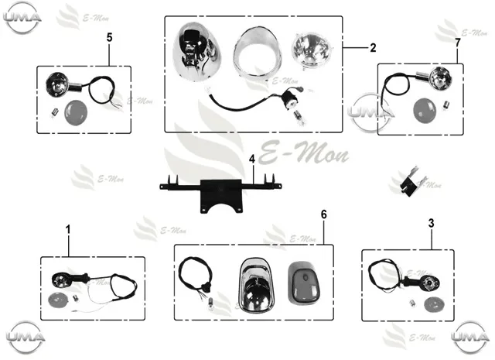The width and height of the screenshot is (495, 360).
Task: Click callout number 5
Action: coord(109,38)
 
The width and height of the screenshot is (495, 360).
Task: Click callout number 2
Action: coord(373,48)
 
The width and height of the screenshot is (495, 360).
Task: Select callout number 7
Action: coord(457,43)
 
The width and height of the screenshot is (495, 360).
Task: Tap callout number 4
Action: coord(252,159)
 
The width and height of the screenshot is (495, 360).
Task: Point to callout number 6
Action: coord(324,214)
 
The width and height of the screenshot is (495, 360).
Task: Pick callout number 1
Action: coord(68,230)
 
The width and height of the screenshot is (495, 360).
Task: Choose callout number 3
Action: coord(432,224)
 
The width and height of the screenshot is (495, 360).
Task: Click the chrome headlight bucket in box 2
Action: coord(193,52)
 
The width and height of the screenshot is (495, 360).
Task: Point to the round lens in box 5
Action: coord(76,112)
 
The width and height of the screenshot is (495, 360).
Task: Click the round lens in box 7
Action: coord(425,111)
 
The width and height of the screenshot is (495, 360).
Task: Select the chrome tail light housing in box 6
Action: coord(256,285)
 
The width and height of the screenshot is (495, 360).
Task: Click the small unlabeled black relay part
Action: coord(410,182)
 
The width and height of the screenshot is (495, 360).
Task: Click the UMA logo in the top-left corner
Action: coord(22,18)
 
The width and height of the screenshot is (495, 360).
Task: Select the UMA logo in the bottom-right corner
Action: coord(470,338)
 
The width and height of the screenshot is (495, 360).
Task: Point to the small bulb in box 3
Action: coord(413,303)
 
